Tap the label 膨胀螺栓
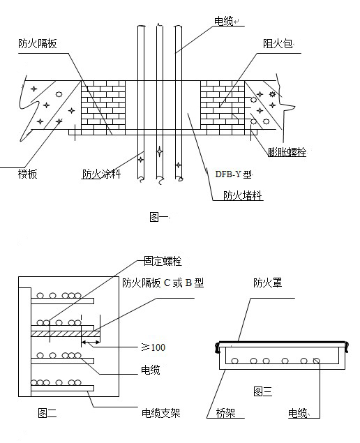pos(287,151)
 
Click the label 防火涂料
pos(101,174)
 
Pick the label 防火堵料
pos(242,195)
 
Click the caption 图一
pos(159,218)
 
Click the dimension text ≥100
pos(153,346)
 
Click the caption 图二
pos(47,413)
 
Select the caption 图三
pos(264,390)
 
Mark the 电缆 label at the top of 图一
pos(223,21)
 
